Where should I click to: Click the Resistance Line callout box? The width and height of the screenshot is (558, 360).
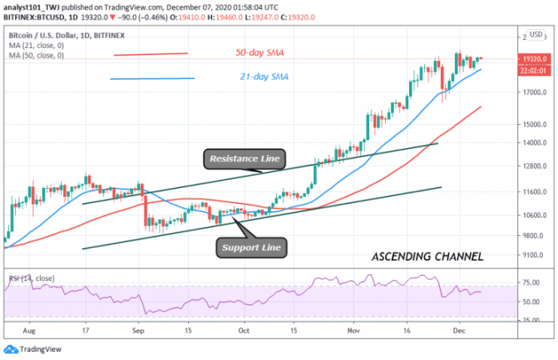pyautogui.click(x=244, y=159)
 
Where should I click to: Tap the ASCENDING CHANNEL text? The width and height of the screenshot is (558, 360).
pyautogui.click(x=428, y=258)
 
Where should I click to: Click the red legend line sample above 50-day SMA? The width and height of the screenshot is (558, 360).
pyautogui.click(x=151, y=54)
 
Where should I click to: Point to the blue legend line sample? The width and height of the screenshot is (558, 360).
pyautogui.click(x=152, y=78)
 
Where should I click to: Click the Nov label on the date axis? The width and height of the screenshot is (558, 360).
pyautogui.click(x=355, y=329)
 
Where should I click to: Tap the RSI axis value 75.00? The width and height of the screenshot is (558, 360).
pyautogui.click(x=530, y=282)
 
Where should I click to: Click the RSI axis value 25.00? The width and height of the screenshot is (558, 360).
pyautogui.click(x=530, y=320)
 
